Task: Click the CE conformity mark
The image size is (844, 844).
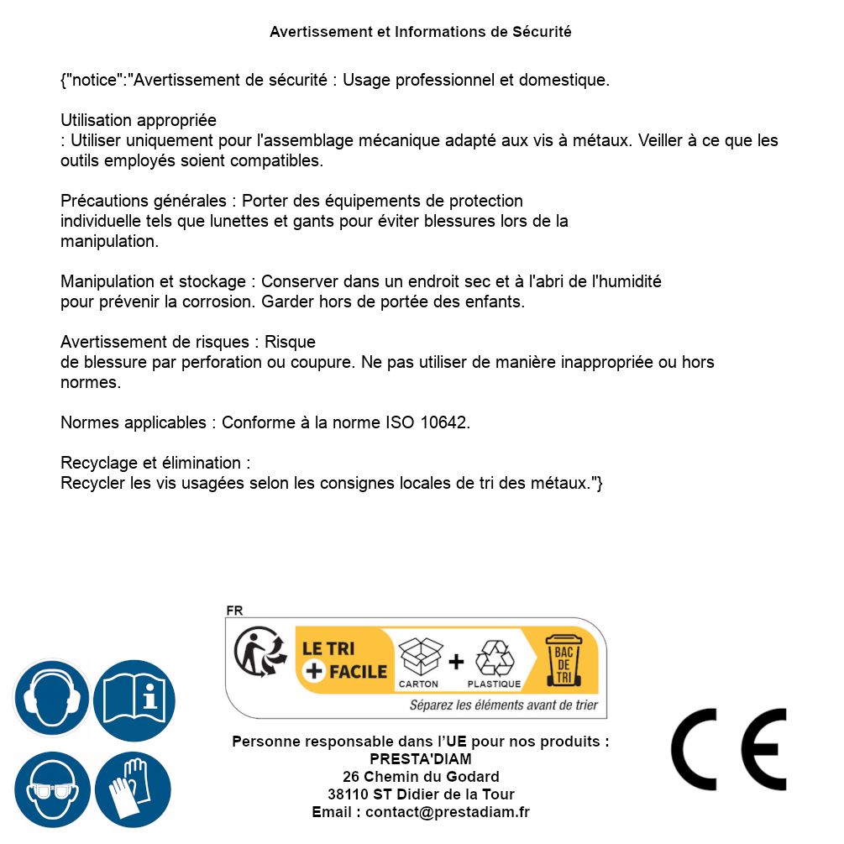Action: (x=728, y=749)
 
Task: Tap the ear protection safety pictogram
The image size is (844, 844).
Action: (x=51, y=699)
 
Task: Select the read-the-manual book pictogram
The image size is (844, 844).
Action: (x=134, y=699)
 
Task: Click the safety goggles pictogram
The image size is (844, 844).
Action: (x=51, y=790)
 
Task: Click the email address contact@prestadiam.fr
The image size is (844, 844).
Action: (x=447, y=812)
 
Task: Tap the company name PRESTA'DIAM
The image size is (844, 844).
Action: (x=420, y=759)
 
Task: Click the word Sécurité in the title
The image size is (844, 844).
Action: (x=542, y=32)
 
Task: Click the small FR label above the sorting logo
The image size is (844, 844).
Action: (x=234, y=611)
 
